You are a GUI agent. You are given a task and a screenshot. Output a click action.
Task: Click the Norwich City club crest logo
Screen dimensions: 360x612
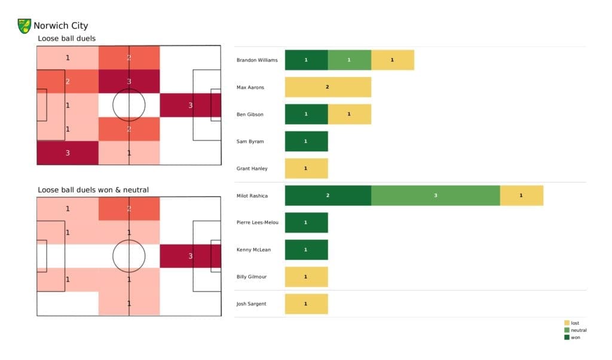[x=25, y=26]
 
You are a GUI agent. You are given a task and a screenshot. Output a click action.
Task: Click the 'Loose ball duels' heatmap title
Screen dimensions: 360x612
[x=66, y=39]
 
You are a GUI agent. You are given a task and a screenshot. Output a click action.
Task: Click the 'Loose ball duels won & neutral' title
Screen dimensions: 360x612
[x=93, y=190]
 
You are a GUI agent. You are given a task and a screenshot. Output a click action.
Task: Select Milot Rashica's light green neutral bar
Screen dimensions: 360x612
[x=435, y=196]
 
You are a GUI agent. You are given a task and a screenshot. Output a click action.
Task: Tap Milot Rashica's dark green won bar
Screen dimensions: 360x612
[x=328, y=196]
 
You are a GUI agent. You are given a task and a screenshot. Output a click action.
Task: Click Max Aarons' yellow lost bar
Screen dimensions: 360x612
[x=328, y=87]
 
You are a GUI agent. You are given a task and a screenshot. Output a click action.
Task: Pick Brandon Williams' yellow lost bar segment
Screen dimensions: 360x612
[x=392, y=60]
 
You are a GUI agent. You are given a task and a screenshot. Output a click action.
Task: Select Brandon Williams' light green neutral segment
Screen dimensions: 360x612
[x=349, y=60]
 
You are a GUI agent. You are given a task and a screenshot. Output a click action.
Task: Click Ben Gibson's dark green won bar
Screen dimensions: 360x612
[x=306, y=114]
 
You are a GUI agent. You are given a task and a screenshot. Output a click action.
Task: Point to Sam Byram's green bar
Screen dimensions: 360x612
[x=306, y=141]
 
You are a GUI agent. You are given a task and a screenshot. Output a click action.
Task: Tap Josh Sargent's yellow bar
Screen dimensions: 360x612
[x=306, y=304]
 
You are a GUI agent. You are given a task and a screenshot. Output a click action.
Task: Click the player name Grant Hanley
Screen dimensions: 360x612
[x=252, y=169]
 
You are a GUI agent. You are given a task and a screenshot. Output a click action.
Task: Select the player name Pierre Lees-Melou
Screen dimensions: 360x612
[x=258, y=222]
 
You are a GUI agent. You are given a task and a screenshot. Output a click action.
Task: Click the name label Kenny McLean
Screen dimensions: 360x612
[x=253, y=249]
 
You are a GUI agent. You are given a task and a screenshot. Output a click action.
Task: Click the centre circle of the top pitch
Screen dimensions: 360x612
[x=129, y=105]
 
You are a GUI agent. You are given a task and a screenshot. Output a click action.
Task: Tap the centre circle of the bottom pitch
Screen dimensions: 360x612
[x=129, y=256]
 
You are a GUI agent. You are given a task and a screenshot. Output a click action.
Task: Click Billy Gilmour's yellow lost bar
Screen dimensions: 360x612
[x=306, y=277]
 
